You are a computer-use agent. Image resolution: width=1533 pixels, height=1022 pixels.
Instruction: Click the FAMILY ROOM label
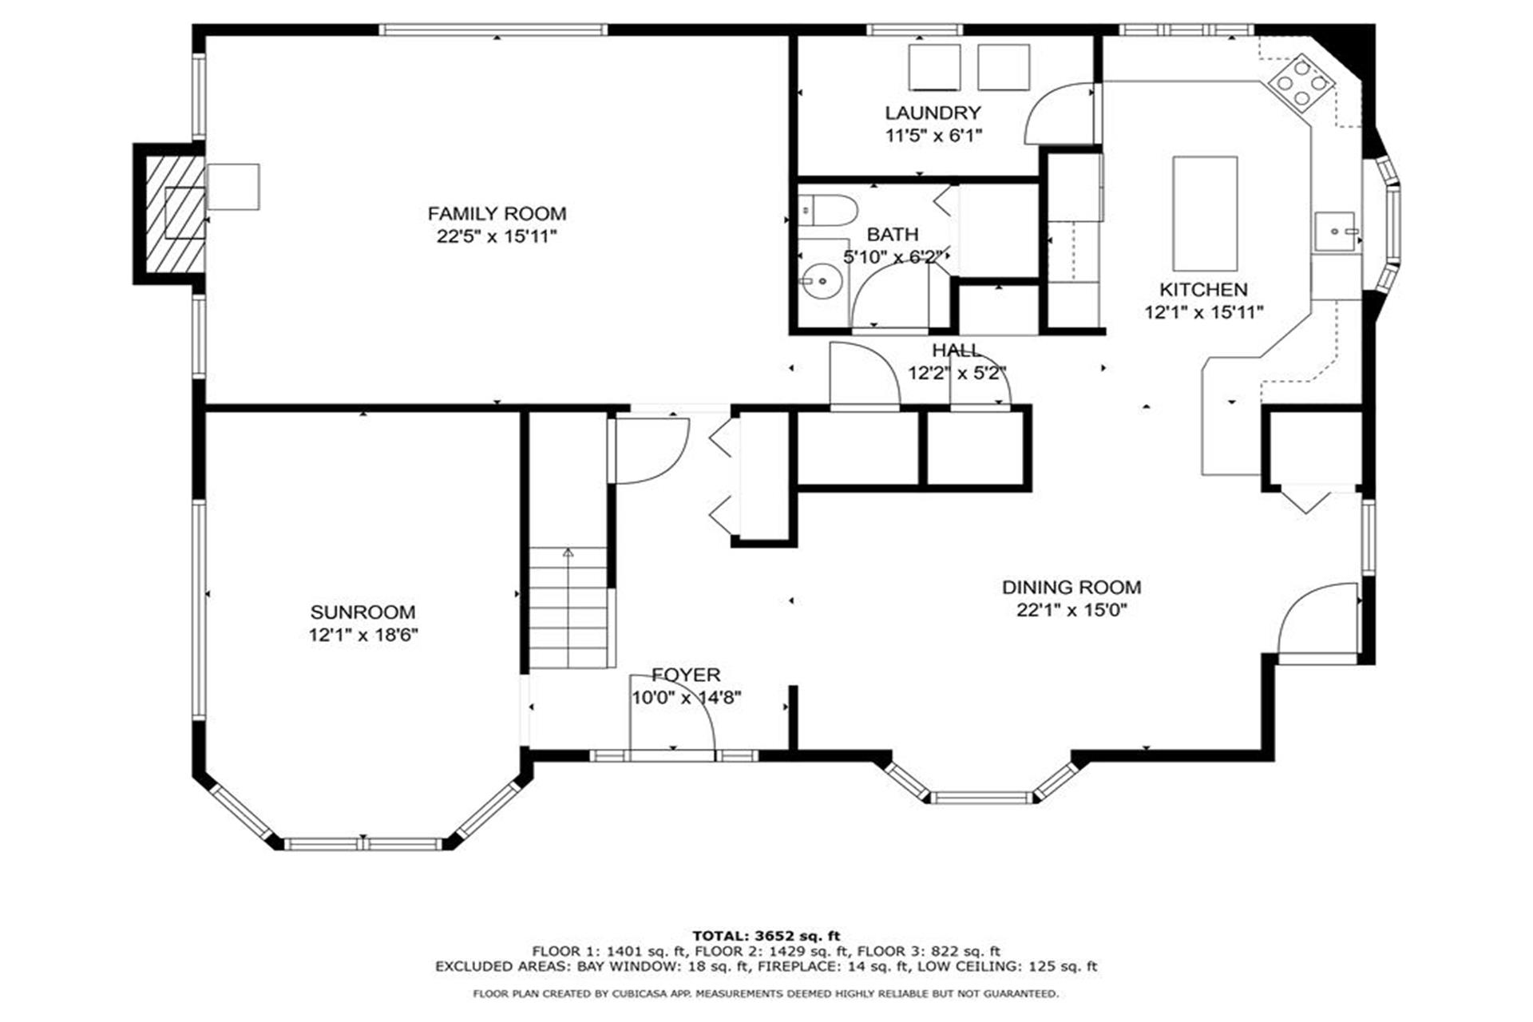tap(497, 213)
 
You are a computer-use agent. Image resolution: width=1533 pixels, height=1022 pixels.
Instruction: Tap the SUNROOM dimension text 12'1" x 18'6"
tap(363, 636)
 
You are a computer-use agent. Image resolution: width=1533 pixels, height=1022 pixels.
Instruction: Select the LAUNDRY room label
tap(933, 113)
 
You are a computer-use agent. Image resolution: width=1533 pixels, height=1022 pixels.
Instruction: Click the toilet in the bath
tap(828, 211)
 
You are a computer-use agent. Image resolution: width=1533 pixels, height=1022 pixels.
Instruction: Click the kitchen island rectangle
tap(1205, 214)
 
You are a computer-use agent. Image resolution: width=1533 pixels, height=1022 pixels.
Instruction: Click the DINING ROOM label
tap(1072, 587)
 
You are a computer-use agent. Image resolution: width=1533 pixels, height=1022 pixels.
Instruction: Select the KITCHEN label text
tap(1203, 289)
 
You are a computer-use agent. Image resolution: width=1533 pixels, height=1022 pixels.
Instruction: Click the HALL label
tap(957, 350)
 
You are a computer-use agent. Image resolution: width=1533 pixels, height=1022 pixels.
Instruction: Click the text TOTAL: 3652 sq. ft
tap(766, 936)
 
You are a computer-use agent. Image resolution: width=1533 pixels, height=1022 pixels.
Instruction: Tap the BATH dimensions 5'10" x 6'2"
tap(894, 257)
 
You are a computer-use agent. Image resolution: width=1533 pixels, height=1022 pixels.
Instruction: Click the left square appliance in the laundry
tap(934, 67)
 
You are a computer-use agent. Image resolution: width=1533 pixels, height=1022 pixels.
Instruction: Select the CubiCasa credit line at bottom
tap(766, 994)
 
